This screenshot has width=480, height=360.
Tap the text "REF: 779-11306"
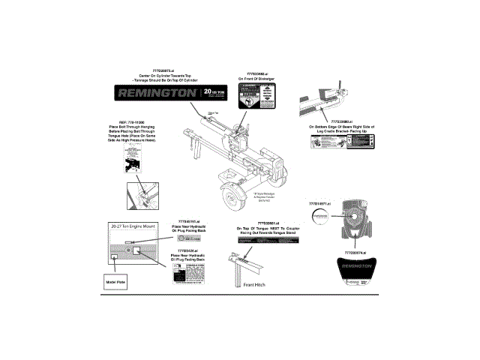127,120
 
